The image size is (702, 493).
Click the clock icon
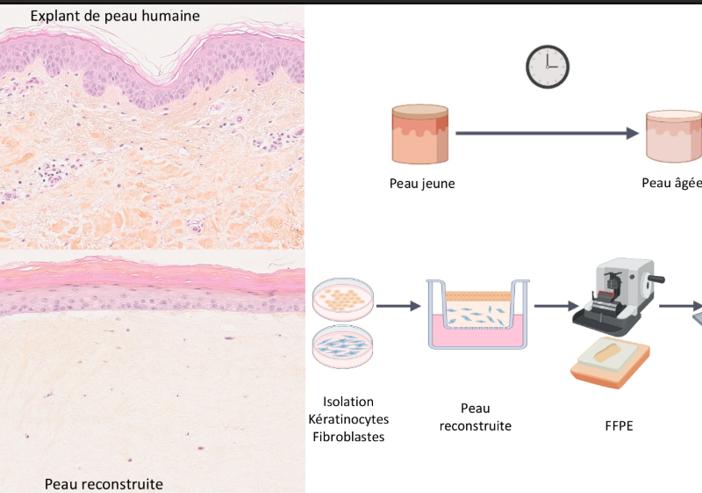coord(548,67)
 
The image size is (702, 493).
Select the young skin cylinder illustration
coord(420,134)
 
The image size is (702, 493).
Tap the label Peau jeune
coord(422,184)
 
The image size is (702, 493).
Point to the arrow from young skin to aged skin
coord(547,133)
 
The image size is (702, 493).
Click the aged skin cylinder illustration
coord(674,136)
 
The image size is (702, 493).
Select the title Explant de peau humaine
coord(115,16)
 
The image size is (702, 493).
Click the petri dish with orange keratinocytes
coord(343,300)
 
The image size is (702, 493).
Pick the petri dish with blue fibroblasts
coord(343,347)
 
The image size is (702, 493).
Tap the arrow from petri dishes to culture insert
coord(398,306)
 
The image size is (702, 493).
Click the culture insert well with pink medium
coord(477,315)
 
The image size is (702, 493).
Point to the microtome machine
coord(619,296)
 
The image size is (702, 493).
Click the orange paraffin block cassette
coord(610,363)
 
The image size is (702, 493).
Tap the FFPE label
coord(619,425)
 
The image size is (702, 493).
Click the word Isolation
coord(348,402)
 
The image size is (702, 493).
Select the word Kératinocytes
coord(348,419)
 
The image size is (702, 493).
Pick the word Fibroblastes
coord(348,437)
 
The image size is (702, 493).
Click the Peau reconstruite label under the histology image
coord(104,484)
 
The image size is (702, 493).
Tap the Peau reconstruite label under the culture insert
coord(476,417)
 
